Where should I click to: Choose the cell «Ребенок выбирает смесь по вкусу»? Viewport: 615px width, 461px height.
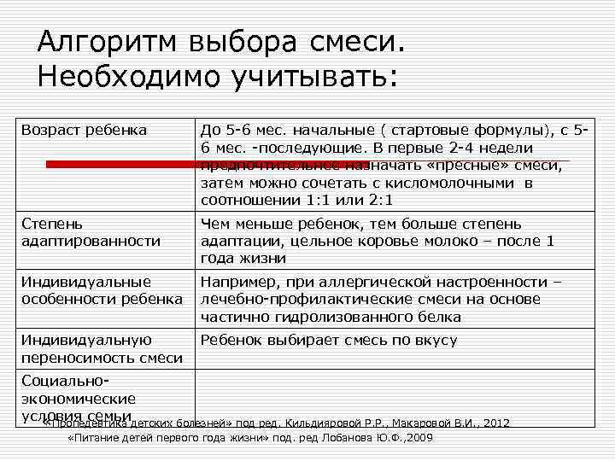click(x=329, y=340)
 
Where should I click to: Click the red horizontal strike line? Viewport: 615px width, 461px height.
click(x=307, y=162)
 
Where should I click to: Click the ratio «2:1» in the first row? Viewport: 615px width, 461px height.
click(x=377, y=201)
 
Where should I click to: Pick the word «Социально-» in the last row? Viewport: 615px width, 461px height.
click(x=65, y=381)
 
